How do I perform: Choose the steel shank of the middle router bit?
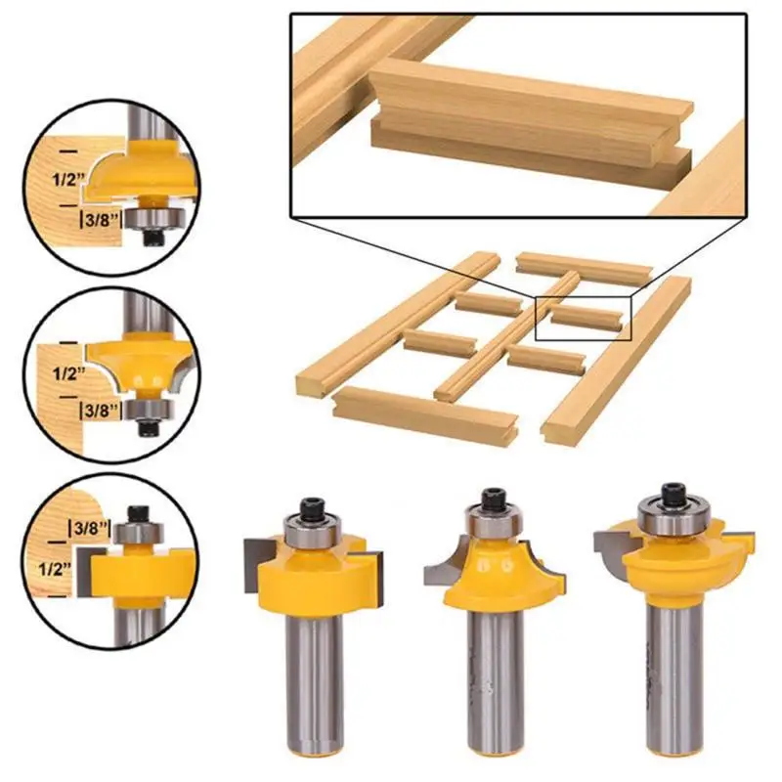tap(495, 684)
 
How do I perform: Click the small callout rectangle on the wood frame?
tap(585, 318)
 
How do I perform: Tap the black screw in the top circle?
tap(152, 236)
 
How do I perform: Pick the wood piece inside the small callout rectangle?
tap(584, 314)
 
